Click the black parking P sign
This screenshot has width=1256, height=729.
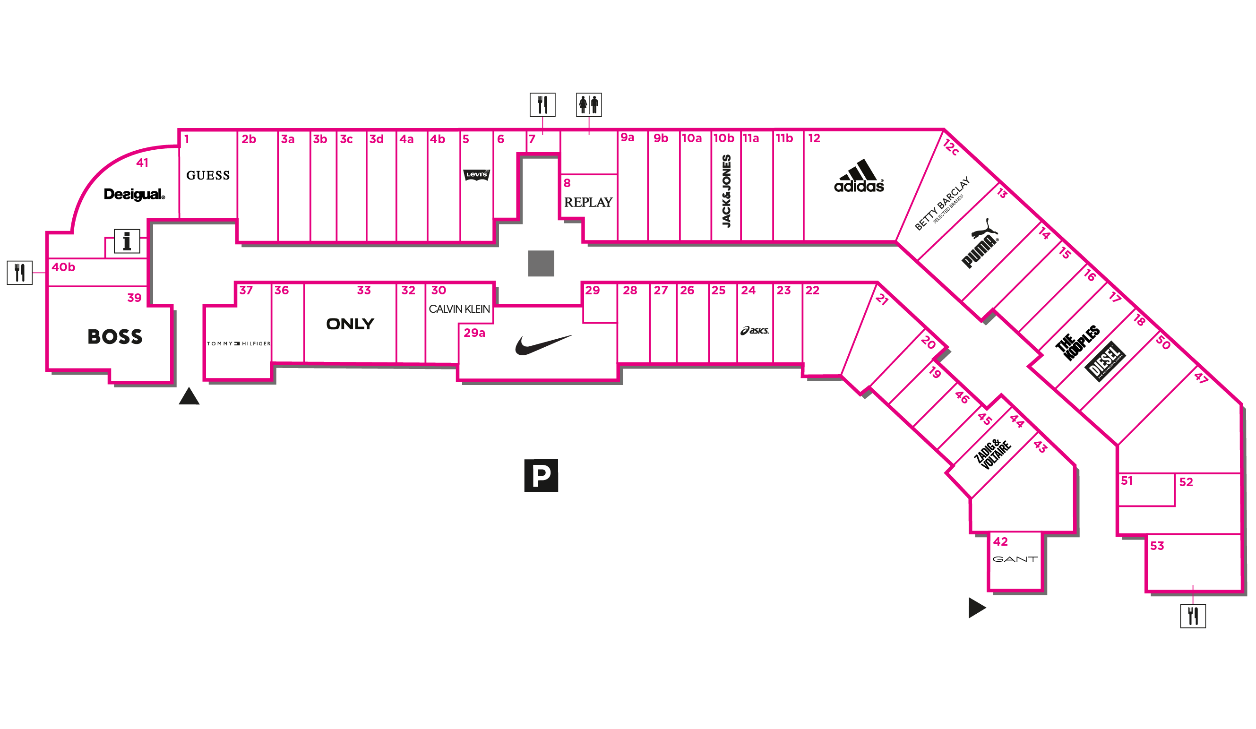click(541, 475)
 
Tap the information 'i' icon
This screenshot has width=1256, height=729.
click(127, 242)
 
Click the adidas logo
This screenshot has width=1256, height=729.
click(859, 177)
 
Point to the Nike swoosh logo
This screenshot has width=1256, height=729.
click(543, 345)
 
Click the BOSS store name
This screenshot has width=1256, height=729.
click(115, 337)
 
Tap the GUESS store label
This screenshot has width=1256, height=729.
click(208, 175)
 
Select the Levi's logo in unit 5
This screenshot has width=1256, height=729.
click(476, 175)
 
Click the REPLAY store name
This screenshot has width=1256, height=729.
click(588, 202)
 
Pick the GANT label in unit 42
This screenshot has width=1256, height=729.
click(1015, 559)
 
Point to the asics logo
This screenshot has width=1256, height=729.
click(755, 330)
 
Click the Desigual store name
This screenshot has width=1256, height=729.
click(134, 194)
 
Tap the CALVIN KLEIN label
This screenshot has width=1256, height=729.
click(459, 309)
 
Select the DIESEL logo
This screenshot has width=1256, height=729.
click(1105, 361)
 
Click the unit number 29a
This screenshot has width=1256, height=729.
click(474, 333)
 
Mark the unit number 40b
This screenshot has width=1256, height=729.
click(63, 267)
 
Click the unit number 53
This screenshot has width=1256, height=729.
click(1157, 546)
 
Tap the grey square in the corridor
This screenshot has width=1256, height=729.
click(541, 263)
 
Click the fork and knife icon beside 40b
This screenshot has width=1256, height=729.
click(19, 273)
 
